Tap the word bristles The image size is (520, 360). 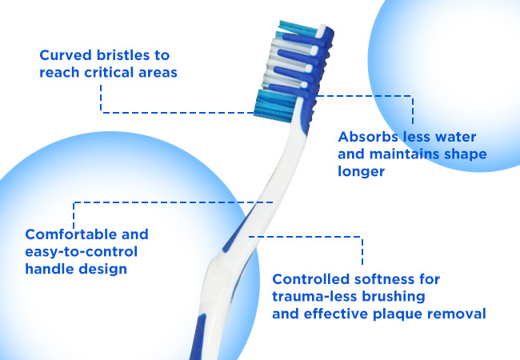123,55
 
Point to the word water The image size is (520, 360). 455,137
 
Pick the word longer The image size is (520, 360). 361,172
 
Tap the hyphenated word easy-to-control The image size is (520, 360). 82,252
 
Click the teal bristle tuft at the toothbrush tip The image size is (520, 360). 297,29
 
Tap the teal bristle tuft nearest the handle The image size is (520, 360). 274,106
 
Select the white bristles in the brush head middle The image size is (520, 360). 285,63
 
